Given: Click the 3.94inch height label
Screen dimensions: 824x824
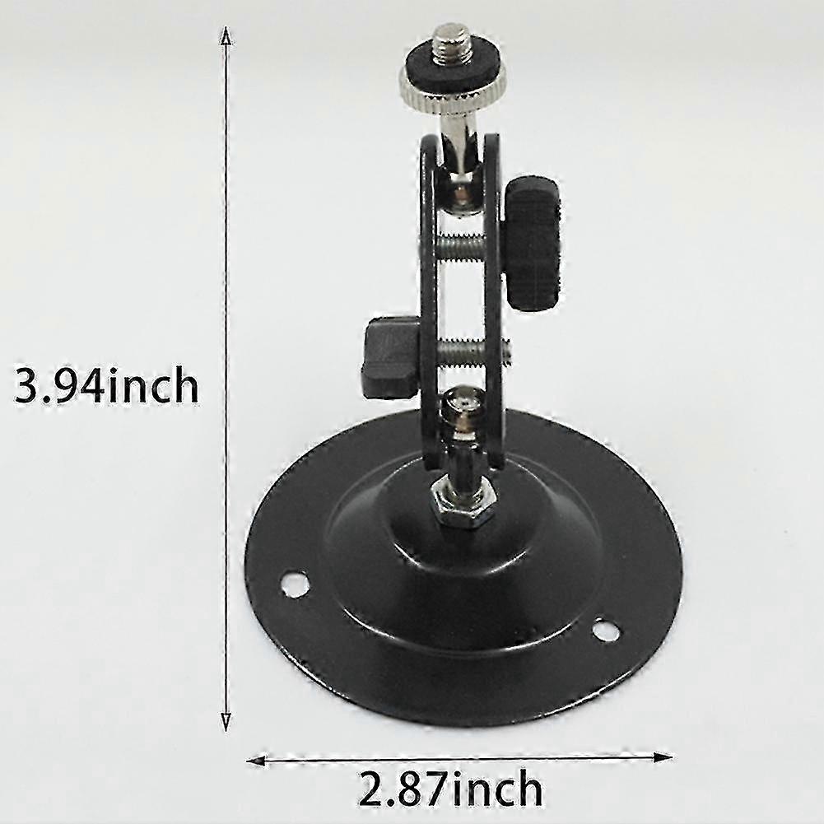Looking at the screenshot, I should (107, 386).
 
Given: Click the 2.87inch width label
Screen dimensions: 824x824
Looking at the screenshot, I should (451, 789).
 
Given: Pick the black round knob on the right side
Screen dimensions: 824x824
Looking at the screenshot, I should (534, 243).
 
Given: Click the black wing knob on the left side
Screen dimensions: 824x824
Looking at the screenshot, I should (392, 357).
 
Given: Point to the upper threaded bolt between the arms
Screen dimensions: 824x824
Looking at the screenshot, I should (466, 244).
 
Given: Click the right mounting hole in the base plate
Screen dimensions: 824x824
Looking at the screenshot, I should (606, 631).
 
